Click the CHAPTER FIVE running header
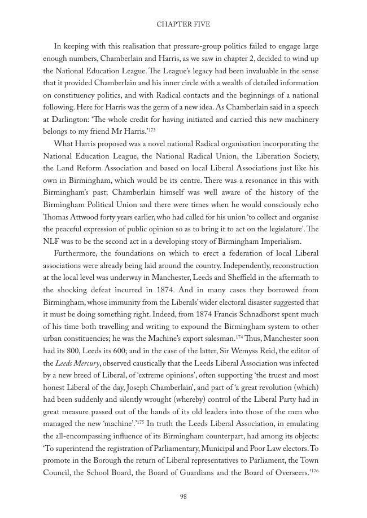[183, 25]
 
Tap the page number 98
[183, 497]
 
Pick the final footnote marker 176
[314, 470]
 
